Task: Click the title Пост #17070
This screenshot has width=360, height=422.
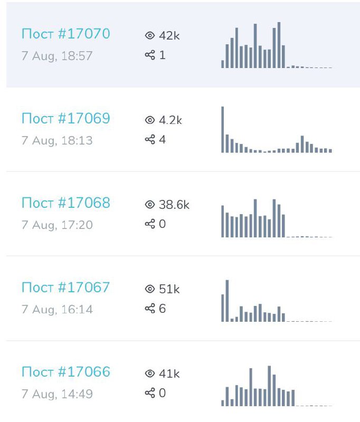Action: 65,34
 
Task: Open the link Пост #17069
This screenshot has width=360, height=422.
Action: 65,119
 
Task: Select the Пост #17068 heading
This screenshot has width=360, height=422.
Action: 65,203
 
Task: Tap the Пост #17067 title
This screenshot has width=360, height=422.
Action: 65,287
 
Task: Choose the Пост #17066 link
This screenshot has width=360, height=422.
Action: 65,372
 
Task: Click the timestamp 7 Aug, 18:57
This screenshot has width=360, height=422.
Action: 57,56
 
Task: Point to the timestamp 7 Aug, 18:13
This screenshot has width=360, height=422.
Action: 57,140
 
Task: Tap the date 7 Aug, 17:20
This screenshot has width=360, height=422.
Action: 57,225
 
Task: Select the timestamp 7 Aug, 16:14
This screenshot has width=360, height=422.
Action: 57,309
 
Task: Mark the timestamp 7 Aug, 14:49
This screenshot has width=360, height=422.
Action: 57,394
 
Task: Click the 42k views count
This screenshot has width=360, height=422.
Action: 169,35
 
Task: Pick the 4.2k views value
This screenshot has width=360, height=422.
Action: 170,120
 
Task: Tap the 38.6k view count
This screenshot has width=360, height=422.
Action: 174,205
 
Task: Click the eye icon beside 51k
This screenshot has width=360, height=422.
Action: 149,289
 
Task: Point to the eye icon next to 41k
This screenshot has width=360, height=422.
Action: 149,374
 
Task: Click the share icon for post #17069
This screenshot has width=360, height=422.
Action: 150,140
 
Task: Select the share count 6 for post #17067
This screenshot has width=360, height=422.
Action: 162,309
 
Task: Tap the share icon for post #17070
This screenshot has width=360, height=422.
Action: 150,55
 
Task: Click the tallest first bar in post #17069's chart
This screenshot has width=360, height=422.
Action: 223,130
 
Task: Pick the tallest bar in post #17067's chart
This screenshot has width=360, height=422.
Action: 228,301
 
